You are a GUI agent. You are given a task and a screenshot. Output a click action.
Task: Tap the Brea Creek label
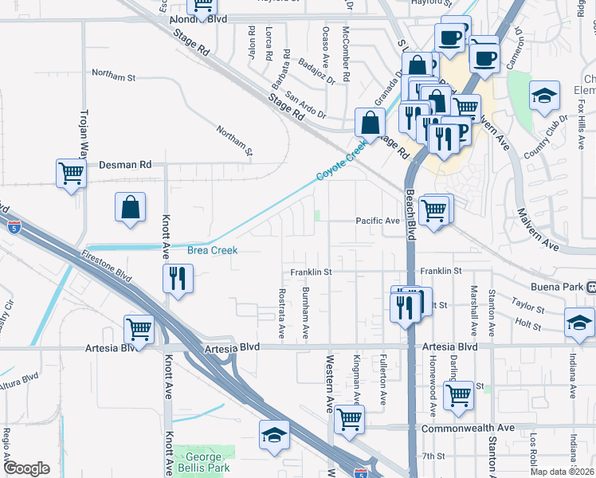coord(212,250)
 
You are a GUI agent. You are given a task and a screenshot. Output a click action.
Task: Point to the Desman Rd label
coord(125,165)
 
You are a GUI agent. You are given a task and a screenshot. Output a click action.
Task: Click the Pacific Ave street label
coord(377,221)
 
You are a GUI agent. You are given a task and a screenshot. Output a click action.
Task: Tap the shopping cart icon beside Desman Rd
coord(71,173)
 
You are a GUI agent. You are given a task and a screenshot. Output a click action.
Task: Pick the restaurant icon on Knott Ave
coord(177,279)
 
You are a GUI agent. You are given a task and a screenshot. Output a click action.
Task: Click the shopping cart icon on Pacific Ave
coord(433,211)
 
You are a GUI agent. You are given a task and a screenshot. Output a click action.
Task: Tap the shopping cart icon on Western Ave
coord(349,419)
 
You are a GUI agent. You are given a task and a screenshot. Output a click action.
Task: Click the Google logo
coord(26,468)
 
